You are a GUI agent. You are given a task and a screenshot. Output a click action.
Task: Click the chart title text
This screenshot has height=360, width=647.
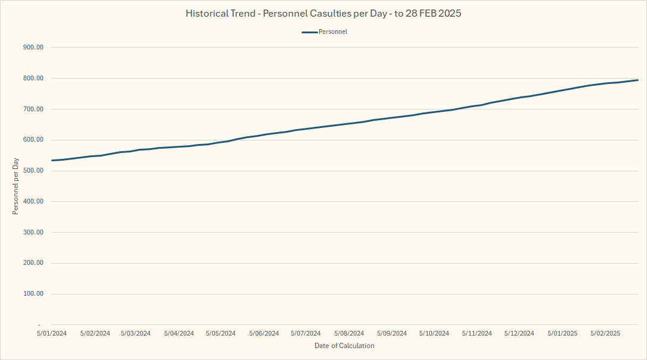coord(323,13)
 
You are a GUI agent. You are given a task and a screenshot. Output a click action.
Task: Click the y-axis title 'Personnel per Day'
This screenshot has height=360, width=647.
coord(15,186)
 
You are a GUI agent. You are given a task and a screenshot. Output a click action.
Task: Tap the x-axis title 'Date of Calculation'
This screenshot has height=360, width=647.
coord(344,346)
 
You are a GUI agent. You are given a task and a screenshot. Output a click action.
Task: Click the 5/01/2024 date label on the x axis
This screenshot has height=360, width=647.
coord(52,334)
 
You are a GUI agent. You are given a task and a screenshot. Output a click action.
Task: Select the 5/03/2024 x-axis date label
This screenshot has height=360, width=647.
coord(136,334)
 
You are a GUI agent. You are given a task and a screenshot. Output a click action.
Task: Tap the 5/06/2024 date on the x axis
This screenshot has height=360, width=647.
coord(263,334)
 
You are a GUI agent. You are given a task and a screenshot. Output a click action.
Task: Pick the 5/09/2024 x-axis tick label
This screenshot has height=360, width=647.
coord(391,334)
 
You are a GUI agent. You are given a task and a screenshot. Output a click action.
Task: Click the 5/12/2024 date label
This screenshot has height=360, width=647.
coord(519,334)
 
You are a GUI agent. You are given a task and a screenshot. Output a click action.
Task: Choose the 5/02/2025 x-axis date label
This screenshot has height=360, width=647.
coord(604,334)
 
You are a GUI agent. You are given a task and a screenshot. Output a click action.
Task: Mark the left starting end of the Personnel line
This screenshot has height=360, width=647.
coord(52,160)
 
